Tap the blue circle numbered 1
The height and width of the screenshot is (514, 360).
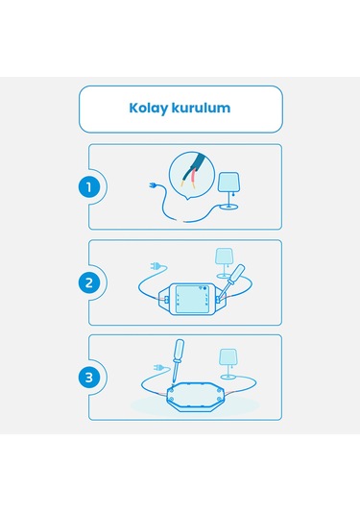pyautogui.click(x=90, y=186)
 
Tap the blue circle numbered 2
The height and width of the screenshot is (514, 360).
pyautogui.click(x=90, y=282)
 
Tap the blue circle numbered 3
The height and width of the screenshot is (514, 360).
pyautogui.click(x=90, y=377)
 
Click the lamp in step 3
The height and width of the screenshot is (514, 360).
pyautogui.click(x=228, y=364)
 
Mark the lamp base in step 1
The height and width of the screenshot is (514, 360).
pyautogui.click(x=230, y=208)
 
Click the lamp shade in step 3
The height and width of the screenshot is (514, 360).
pyautogui.click(x=228, y=358)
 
